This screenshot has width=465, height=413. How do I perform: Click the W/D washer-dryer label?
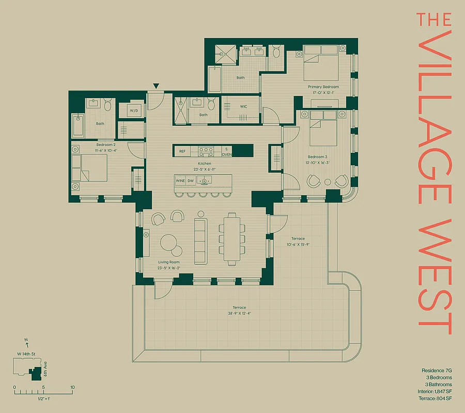point(134,110)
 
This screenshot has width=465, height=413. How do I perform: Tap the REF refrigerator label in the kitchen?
point(182,151)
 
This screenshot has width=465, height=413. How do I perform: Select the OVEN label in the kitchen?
point(226,154)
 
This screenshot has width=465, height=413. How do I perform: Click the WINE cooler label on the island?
point(180,181)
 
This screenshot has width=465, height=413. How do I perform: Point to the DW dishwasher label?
point(191,181)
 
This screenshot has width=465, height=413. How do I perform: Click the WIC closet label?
point(244,106)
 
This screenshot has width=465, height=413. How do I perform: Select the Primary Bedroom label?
point(323,87)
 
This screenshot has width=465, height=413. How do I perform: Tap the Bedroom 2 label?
point(107,146)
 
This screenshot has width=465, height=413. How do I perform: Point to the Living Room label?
point(169,262)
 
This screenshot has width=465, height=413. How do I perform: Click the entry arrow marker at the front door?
point(156,86)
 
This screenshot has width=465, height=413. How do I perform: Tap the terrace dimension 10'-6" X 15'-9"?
point(298,244)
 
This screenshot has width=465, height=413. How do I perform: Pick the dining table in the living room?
point(231,239)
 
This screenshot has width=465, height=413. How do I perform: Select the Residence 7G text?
point(437,371)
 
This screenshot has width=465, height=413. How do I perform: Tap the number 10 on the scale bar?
point(72,387)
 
